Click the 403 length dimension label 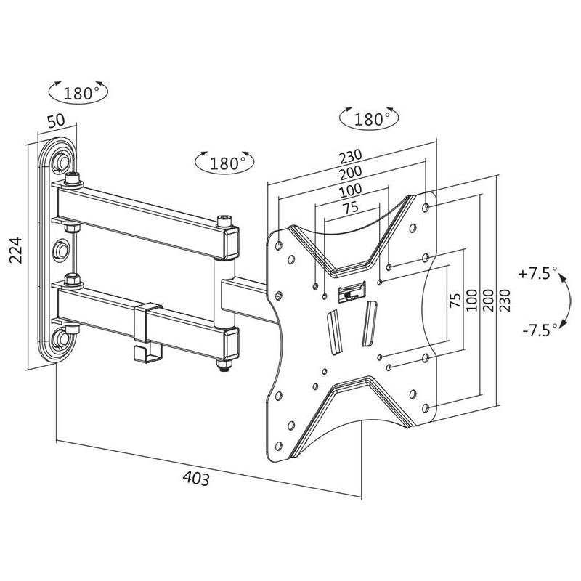pyautogui.click(x=196, y=478)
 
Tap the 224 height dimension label pyautogui.click(x=16, y=251)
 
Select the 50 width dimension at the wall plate pyautogui.click(x=56, y=121)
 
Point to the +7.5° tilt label pyautogui.click(x=538, y=274)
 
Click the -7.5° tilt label pyautogui.click(x=540, y=329)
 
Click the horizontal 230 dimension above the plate pyautogui.click(x=350, y=156)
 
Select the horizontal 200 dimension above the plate pyautogui.click(x=350, y=173)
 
